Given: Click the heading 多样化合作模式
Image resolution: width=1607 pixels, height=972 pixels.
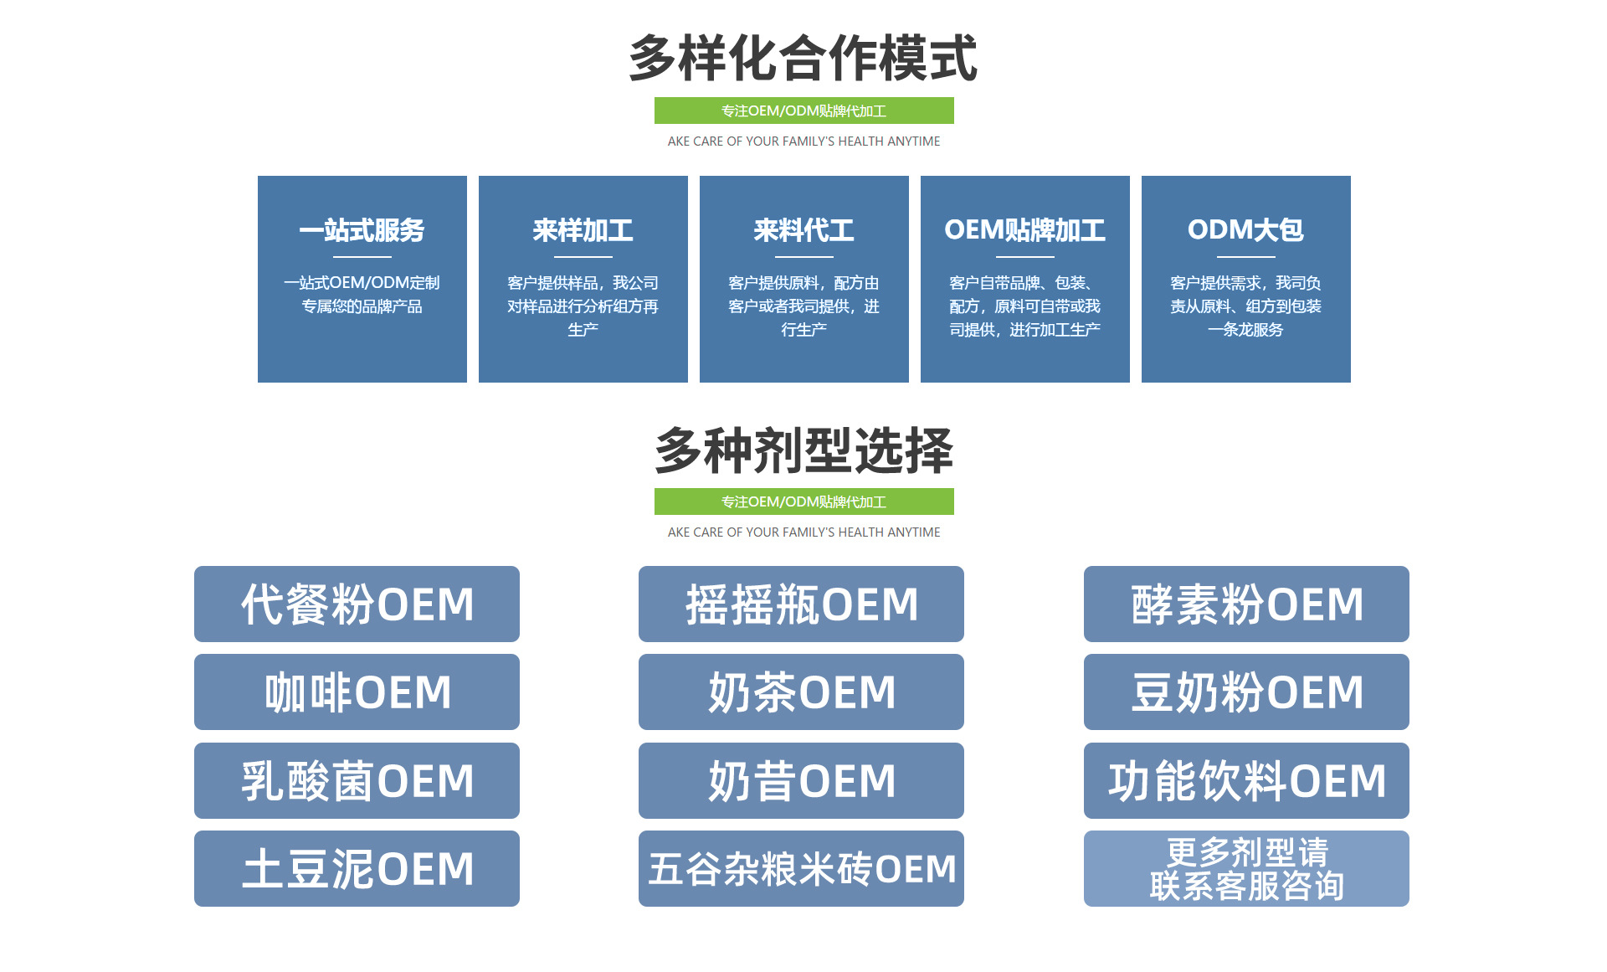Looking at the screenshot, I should coord(803,59).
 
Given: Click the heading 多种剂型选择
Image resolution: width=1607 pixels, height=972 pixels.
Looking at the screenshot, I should coord(803,450).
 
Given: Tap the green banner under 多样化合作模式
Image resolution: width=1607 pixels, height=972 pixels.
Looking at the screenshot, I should coord(803,111).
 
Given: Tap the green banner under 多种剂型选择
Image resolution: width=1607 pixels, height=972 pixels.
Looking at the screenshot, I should coord(803,501).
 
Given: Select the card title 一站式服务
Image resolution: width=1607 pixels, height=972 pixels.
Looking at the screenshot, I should coord(362,230).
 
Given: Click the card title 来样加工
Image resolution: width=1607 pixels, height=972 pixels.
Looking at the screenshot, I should coord(583,230).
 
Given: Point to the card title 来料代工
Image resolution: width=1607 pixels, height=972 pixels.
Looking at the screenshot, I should coord(803,230).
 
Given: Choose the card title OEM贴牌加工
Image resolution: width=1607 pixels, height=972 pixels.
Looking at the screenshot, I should coord(1024,230).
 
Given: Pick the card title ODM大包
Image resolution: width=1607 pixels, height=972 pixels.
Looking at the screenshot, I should coord(1245,230).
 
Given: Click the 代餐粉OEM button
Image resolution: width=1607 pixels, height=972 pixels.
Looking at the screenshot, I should coord(357,604).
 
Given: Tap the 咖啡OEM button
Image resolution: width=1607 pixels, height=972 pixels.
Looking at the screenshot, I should coord(357,692).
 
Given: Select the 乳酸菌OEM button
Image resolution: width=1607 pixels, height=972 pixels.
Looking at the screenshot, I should coord(357,780).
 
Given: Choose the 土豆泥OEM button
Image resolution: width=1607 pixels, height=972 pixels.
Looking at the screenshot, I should coord(357,868).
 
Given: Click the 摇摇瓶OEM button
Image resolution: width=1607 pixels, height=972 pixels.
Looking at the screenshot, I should coord(801,604).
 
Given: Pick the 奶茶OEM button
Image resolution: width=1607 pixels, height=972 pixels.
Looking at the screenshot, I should coord(801,692).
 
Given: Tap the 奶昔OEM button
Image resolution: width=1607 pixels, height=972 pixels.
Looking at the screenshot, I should coord(801,780).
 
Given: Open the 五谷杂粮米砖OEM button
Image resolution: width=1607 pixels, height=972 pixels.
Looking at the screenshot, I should coord(801,868).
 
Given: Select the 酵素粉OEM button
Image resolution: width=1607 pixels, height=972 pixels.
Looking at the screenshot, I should coord(1246,604).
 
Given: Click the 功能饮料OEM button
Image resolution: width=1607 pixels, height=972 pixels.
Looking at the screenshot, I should coord(1246,780).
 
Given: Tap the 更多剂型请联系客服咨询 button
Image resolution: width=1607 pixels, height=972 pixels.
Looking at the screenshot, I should coord(1246,868).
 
